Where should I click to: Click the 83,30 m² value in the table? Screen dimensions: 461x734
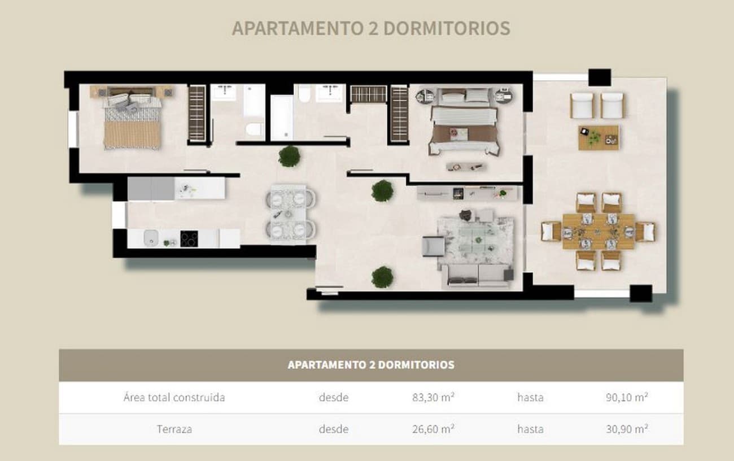pos(434,397)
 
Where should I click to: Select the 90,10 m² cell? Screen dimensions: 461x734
pos(626,397)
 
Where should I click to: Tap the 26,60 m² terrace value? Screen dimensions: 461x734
pos(434,429)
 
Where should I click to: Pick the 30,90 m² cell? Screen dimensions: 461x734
pos(626,429)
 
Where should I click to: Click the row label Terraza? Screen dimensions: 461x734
pos(174,429)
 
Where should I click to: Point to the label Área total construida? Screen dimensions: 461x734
pos(174,397)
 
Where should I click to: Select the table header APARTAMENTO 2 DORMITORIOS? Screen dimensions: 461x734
pos(371,365)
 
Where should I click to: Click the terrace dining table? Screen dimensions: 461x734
pos(598,231)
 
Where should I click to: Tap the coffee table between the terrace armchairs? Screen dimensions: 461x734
pos(598,137)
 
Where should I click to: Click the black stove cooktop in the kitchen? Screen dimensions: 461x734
pos(189,239)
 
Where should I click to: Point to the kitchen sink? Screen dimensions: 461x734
pos(151,238)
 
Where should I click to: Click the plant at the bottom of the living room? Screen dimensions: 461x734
pos(382,277)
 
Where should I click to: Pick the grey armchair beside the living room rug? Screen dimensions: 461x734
pos(432,246)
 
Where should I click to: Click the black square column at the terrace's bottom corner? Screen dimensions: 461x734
pos(641,293)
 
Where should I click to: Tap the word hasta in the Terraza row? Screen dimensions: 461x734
pos(530,429)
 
